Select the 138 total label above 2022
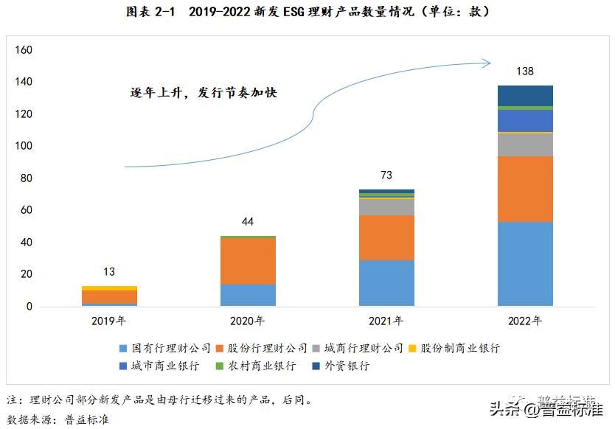tap(524, 71)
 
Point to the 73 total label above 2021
tap(386, 175)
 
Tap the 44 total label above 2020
tap(248, 222)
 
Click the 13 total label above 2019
tap(109, 272)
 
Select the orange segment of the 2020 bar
tap(248, 261)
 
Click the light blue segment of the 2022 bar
tap(524, 263)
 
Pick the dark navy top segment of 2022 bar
tap(524, 96)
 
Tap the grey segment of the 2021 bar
tap(386, 206)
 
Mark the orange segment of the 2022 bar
tap(524, 189)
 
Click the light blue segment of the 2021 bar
tap(386, 282)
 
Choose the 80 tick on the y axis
tap(27, 178)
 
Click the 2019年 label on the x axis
tap(109, 321)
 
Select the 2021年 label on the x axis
tap(386, 321)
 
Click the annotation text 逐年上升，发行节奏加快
tap(203, 93)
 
